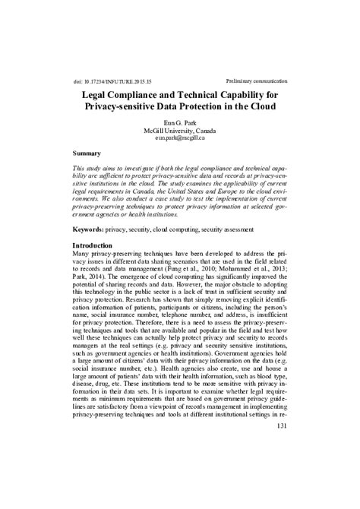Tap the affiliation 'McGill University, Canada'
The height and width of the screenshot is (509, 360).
(x=180, y=130)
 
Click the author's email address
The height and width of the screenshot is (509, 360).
(x=180, y=138)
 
